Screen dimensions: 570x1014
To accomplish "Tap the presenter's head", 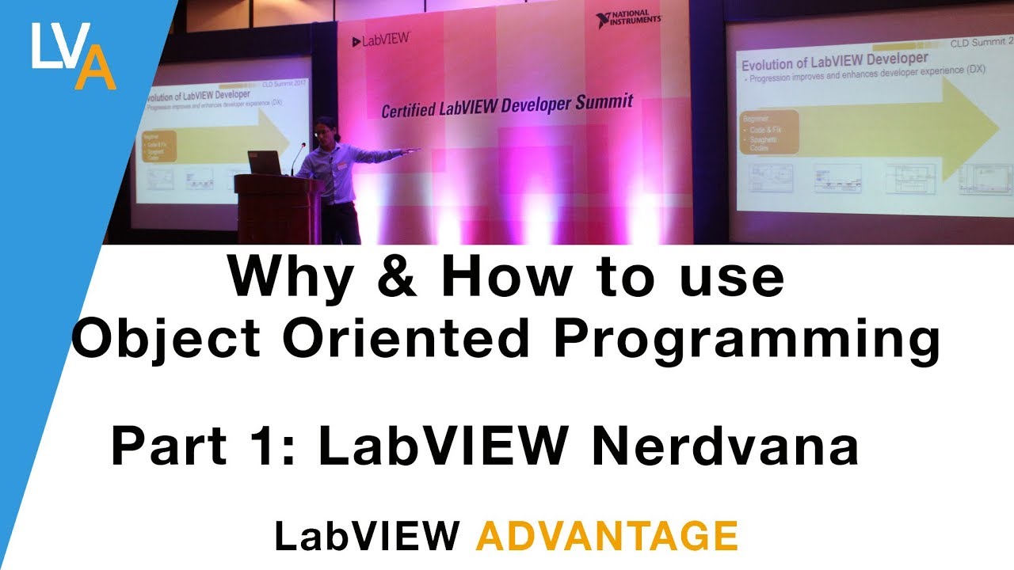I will click(325, 129).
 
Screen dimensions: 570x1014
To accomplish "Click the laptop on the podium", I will click(265, 163).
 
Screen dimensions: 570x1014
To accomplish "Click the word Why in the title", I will click(284, 277).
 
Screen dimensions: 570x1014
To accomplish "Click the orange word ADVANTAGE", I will click(607, 537).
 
